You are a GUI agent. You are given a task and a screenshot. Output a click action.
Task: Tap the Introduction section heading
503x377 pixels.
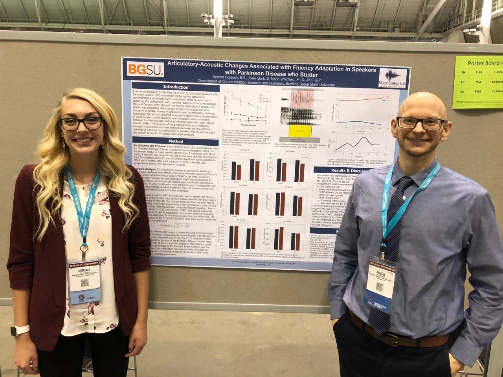pos(176,87)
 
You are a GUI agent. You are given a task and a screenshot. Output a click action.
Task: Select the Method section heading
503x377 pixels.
pos(176,141)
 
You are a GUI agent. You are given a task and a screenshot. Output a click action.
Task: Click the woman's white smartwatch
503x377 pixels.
pos(20,330)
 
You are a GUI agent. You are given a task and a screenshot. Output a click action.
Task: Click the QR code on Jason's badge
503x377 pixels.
pos(379,287)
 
